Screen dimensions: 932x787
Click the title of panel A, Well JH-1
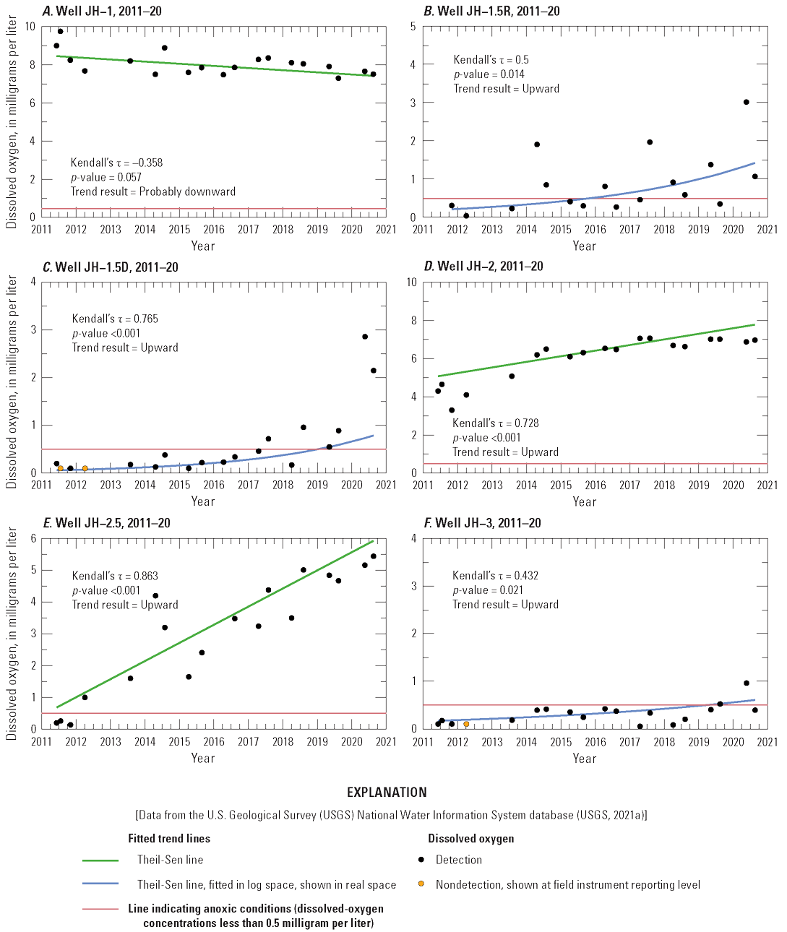pos(102,11)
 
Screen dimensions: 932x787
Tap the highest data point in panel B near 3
pos(746,102)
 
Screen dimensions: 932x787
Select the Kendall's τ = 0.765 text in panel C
pos(115,319)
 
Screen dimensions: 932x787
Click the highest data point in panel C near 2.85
pos(365,337)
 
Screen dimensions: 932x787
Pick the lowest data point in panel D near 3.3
pos(452,410)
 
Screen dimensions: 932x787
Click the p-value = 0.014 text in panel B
pos(489,74)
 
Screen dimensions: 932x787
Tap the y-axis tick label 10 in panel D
pos(411,282)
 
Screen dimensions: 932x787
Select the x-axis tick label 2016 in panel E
pos(214,742)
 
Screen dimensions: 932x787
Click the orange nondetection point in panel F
pos(466,724)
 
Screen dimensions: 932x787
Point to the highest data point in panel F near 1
pos(746,683)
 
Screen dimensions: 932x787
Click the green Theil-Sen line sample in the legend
pos(100,860)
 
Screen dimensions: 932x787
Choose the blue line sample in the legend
pos(100,884)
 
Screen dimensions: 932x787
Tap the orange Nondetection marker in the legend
pos(421,884)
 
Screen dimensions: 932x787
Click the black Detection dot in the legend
pos(421,860)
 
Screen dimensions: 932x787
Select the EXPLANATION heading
pos(387,793)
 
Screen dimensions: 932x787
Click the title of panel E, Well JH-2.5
pos(107,523)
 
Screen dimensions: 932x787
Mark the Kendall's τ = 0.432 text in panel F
pos(495,576)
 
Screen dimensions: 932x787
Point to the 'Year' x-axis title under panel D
pos(584,501)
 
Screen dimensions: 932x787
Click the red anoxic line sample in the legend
pos(100,909)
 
